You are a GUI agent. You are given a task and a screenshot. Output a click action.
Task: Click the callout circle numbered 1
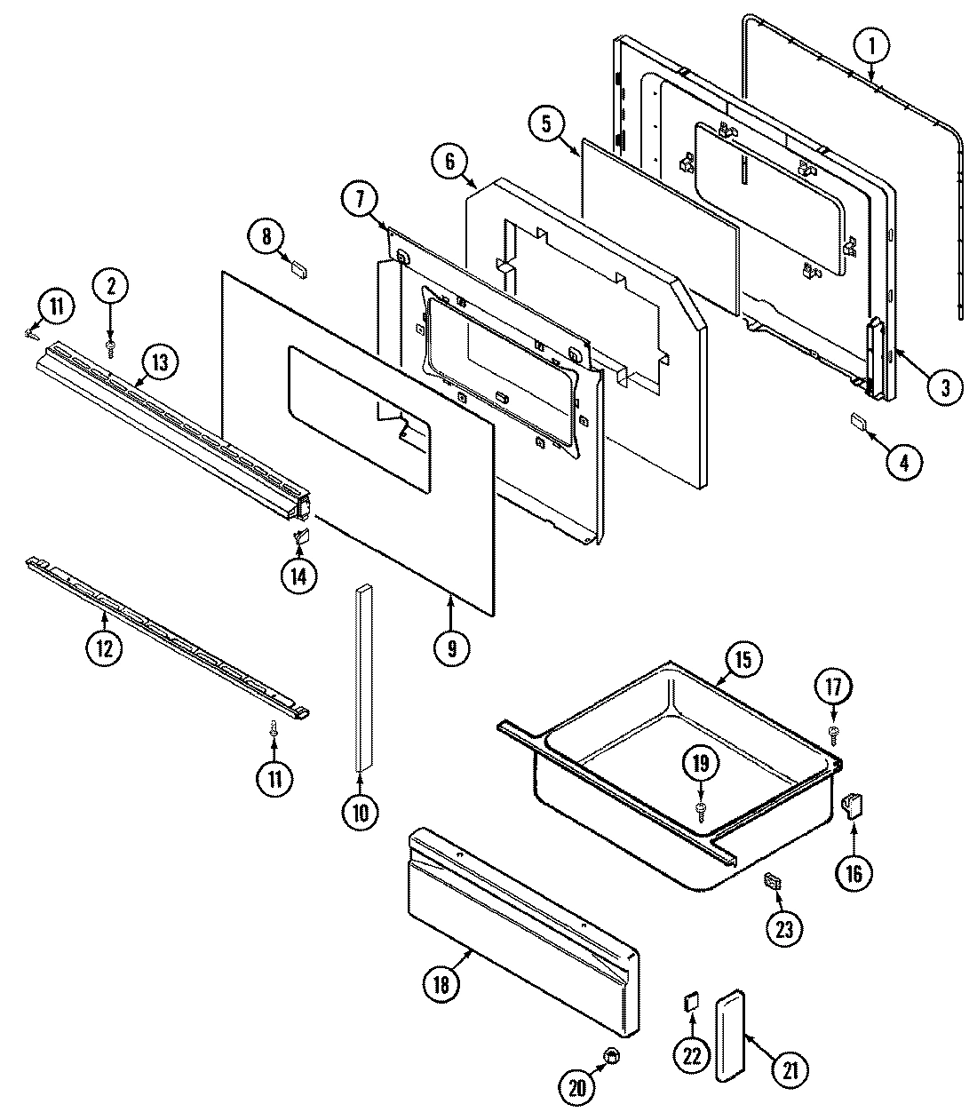click(x=871, y=44)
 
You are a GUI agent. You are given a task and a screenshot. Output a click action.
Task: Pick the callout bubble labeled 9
click(x=452, y=647)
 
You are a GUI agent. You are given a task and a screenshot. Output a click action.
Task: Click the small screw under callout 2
click(x=111, y=346)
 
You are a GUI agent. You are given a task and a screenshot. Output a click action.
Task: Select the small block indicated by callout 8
click(x=298, y=269)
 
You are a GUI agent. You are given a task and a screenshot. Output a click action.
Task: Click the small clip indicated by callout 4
click(x=858, y=420)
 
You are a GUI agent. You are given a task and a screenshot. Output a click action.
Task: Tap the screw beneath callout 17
click(x=834, y=734)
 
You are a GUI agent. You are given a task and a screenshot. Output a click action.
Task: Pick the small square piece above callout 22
click(x=689, y=1001)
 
